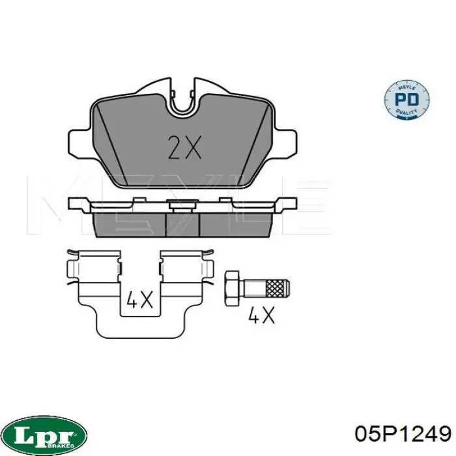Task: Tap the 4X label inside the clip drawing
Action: point(139,300)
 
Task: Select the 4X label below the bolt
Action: point(262,316)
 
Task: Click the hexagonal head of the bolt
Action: point(233,286)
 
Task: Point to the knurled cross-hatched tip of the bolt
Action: point(278,286)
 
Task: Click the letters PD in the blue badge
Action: point(408,100)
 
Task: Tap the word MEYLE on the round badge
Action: point(408,85)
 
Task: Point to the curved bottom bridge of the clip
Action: point(139,329)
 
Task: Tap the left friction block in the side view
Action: point(131,224)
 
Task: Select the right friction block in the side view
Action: point(235,224)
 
